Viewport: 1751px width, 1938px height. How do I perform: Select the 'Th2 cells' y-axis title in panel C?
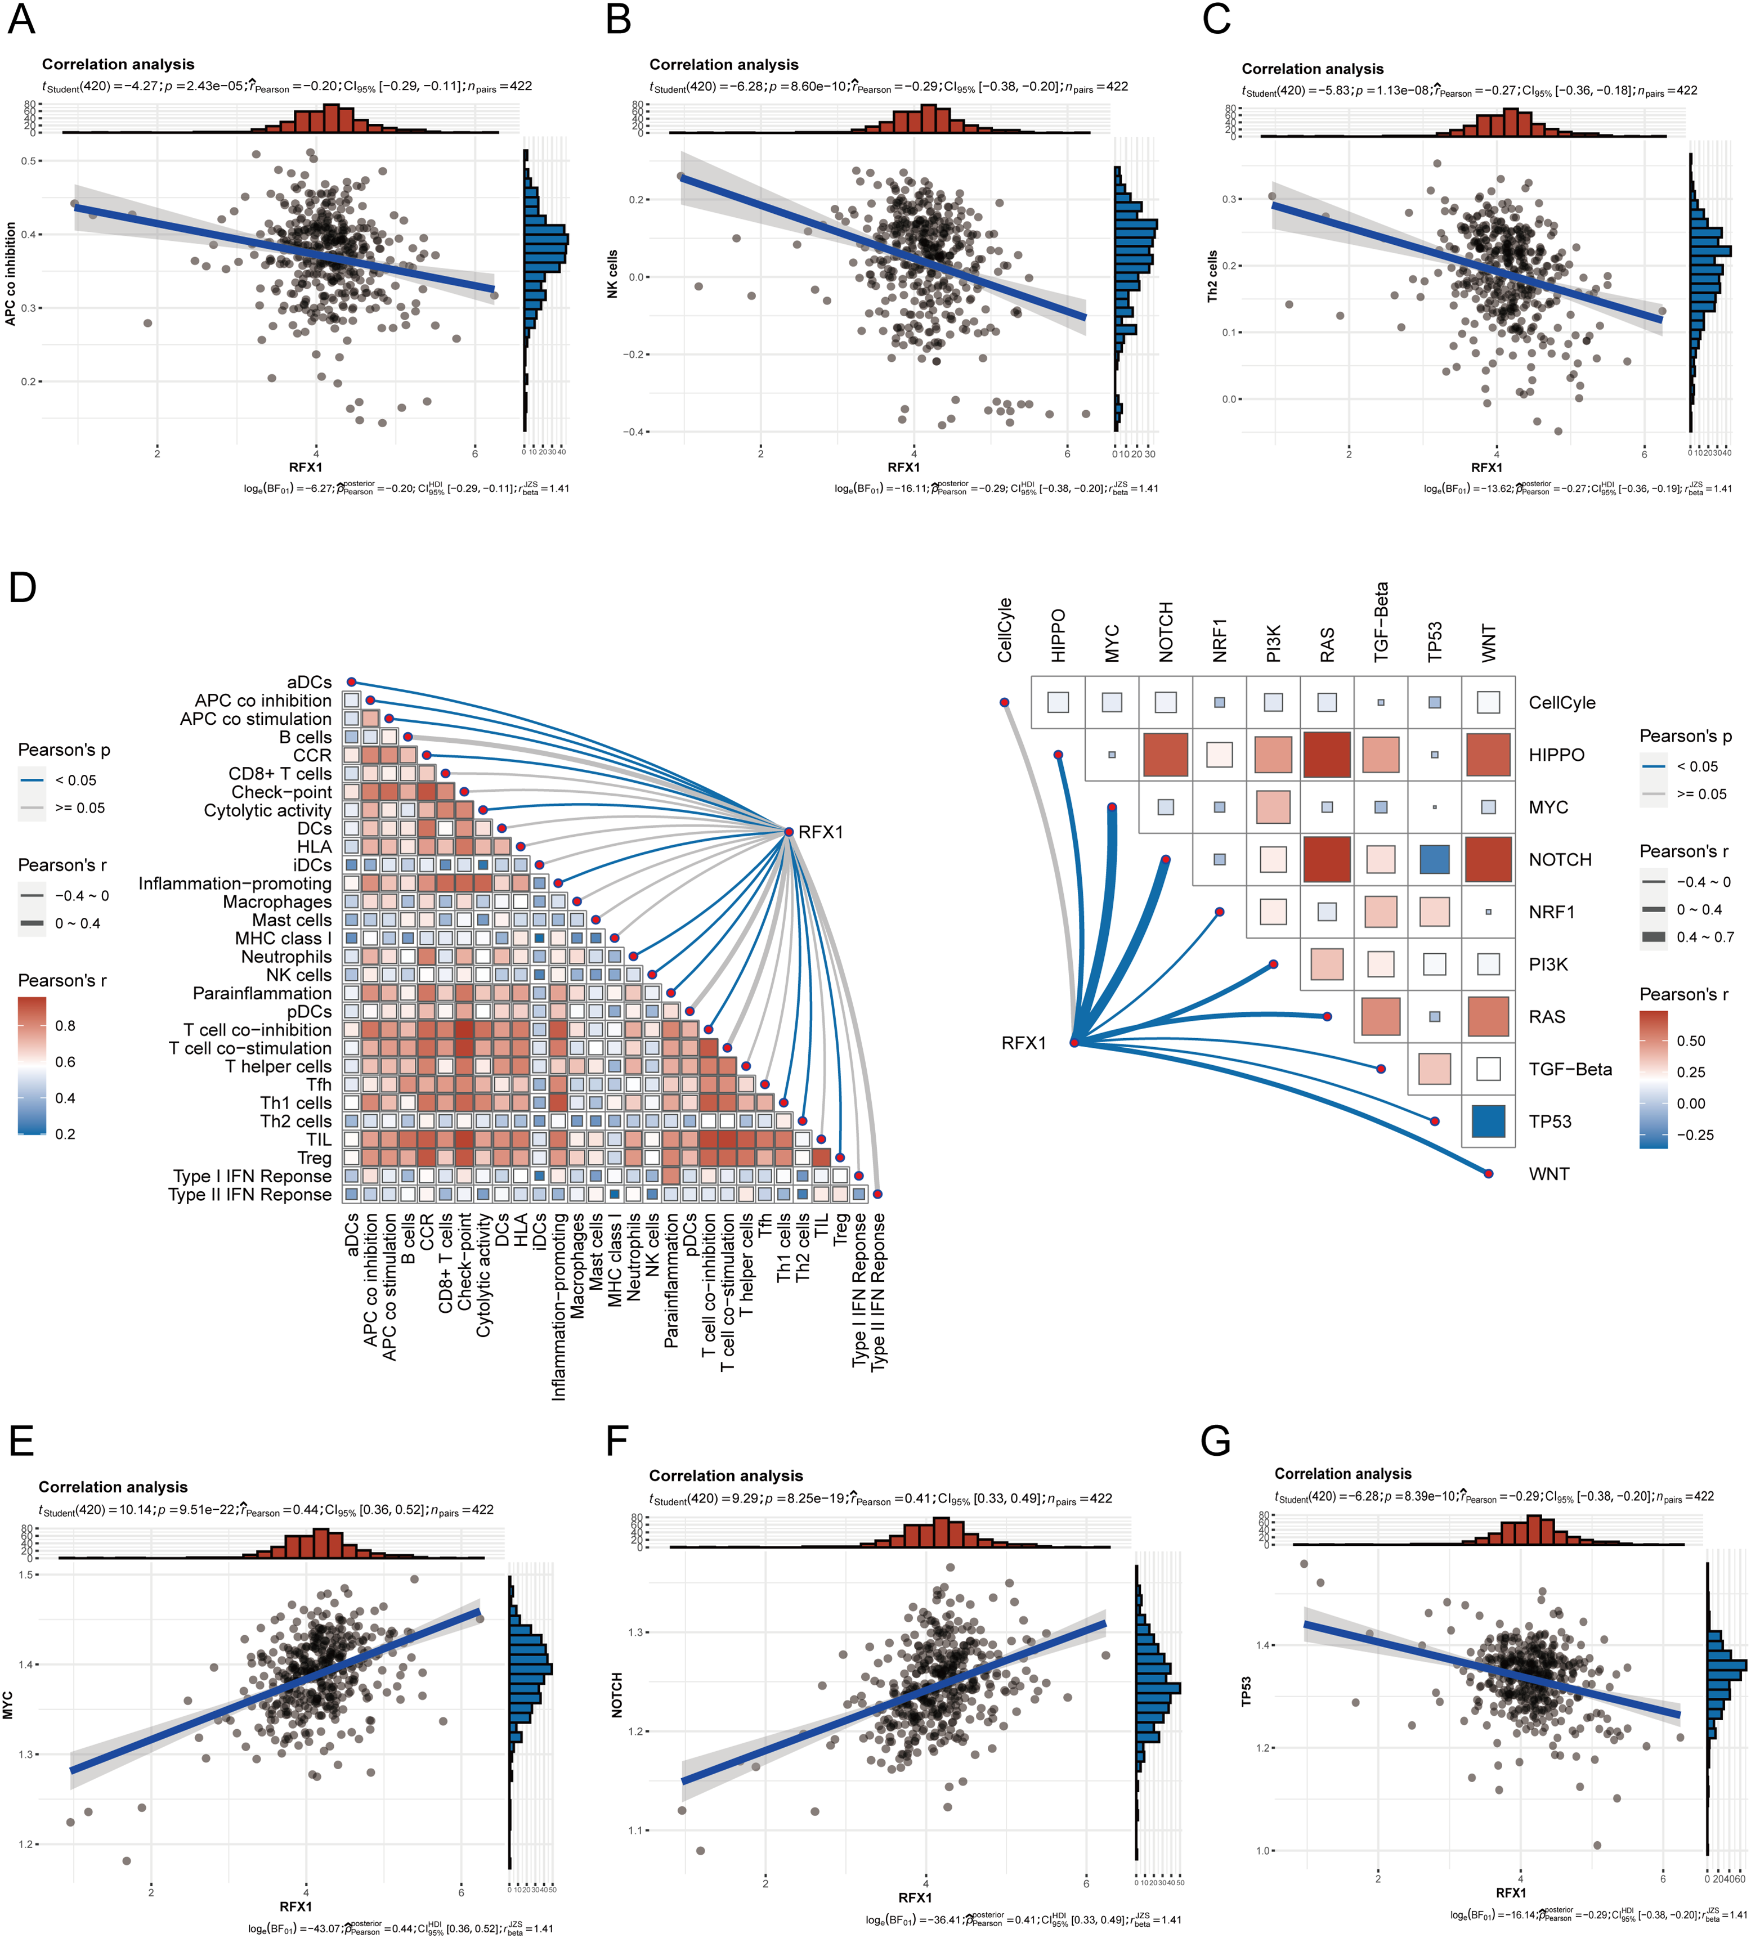coord(1212,277)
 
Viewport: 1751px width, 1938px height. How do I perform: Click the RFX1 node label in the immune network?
coord(820,832)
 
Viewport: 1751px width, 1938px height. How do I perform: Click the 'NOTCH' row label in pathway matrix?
coord(1560,859)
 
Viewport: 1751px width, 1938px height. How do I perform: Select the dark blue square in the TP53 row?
coord(1488,1121)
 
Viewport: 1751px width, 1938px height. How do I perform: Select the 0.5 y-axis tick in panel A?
coord(29,160)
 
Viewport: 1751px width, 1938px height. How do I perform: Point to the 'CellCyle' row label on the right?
coord(1561,703)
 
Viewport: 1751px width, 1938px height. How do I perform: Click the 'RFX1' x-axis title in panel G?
coord(1511,1893)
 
